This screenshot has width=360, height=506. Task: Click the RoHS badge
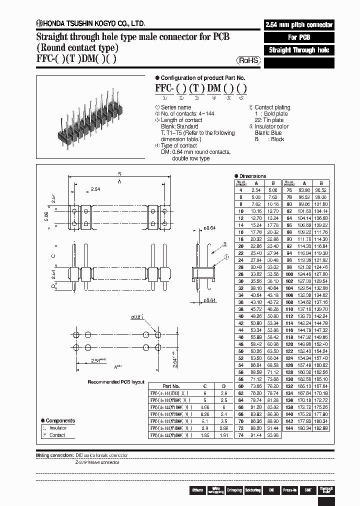tap(248, 60)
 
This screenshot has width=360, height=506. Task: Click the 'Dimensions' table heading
tap(252, 176)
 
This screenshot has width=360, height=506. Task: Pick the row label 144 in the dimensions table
tap(288, 428)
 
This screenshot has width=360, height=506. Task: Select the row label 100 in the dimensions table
tap(288, 274)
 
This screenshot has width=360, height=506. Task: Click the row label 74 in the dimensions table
tap(241, 435)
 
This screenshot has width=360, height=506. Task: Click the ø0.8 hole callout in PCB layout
tap(137, 316)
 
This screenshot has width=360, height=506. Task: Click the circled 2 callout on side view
tap(224, 244)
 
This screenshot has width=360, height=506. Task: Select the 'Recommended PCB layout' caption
tap(116, 382)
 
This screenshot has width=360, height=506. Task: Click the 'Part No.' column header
tap(171, 386)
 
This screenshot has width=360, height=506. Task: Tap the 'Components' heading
tap(60, 420)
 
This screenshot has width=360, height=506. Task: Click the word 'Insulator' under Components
tap(58, 428)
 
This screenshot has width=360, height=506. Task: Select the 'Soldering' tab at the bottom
tap(252, 490)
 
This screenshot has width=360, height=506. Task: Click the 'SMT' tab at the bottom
tap(308, 490)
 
